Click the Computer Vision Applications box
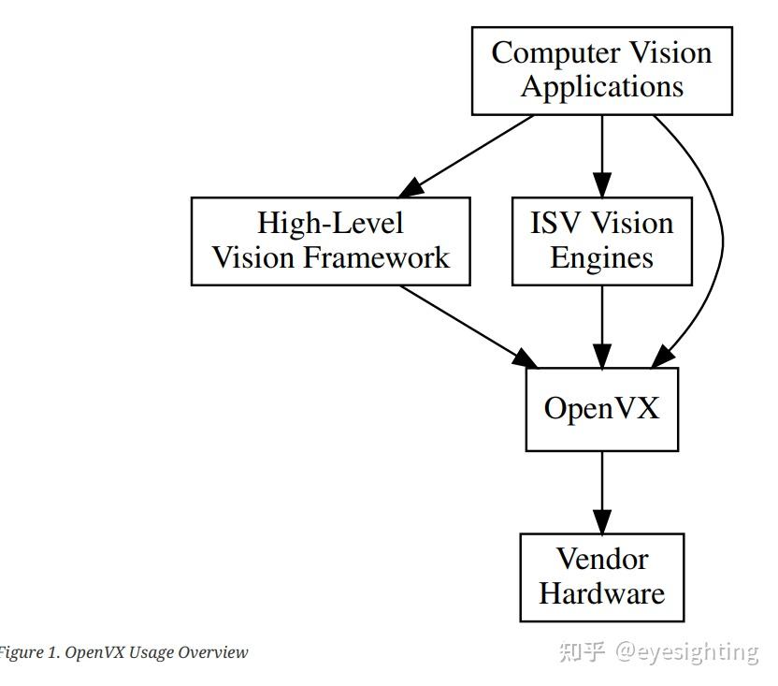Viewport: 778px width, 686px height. pos(601,70)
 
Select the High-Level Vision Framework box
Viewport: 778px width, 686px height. pos(330,241)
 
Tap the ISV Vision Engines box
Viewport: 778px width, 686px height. pos(601,241)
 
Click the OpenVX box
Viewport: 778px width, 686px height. pos(601,409)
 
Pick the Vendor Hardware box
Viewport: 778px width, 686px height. pos(601,577)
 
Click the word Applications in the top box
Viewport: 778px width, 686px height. pos(601,87)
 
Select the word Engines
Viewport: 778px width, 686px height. pos(601,257)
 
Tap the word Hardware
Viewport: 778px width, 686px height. pos(601,593)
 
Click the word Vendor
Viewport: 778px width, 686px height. pos(601,560)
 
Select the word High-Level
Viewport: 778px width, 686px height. pos(330,224)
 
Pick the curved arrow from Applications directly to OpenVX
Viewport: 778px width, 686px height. pos(721,234)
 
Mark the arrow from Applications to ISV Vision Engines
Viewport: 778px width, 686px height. pos(601,154)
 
